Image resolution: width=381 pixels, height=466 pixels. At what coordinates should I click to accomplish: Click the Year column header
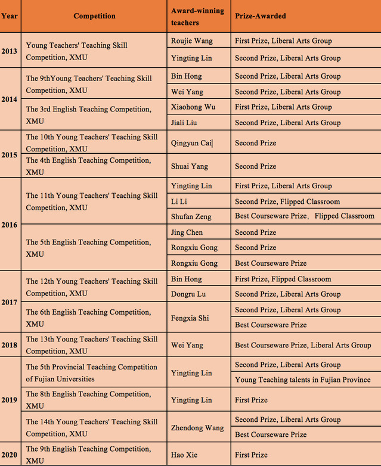coord(9,16)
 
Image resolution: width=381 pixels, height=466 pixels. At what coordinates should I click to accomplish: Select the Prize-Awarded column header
coord(260,16)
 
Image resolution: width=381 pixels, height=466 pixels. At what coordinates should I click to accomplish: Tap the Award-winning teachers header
coord(190,17)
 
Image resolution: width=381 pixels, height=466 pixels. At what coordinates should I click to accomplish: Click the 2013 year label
coord(9,51)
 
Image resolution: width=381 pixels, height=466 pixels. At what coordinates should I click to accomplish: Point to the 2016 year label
coord(9,225)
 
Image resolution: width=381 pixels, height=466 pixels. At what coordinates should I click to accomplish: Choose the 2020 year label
coord(9,455)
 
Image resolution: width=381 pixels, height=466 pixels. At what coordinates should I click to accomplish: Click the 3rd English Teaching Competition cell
coord(88,115)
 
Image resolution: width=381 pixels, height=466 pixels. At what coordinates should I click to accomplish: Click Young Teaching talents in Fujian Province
coord(302,380)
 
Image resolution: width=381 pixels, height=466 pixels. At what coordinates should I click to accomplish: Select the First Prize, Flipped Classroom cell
coord(283,279)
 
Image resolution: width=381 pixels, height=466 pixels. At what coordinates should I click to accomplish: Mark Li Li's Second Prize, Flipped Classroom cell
coord(287,201)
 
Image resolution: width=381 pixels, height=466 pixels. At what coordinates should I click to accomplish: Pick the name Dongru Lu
coord(188,294)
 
